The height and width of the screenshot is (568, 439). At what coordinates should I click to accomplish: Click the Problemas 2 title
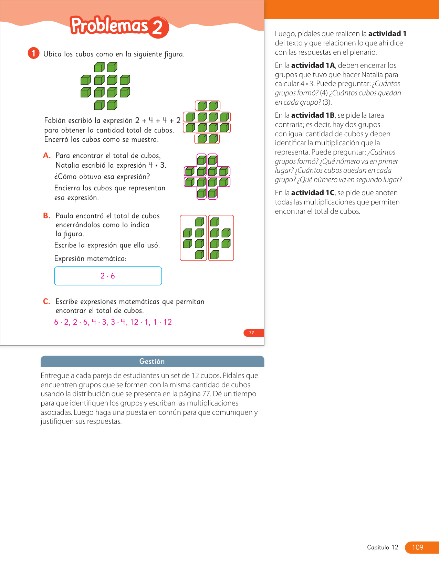[119, 26]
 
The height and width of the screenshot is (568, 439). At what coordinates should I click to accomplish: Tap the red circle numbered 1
[34, 53]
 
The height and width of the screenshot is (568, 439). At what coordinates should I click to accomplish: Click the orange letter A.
[47, 156]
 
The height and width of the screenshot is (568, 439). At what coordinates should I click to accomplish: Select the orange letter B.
[47, 216]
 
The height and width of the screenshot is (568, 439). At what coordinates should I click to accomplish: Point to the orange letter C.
[47, 302]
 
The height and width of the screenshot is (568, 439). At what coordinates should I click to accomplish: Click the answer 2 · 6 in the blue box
[108, 276]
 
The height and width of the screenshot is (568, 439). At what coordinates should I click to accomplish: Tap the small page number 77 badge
[252, 333]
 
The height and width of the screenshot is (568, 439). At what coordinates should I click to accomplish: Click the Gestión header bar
[152, 361]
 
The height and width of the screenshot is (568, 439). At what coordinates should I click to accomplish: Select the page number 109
[418, 547]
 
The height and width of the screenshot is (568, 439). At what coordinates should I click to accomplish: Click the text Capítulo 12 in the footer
[383, 547]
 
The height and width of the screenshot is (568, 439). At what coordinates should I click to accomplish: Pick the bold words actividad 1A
[313, 65]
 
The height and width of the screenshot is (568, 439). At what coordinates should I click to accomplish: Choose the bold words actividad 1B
[313, 115]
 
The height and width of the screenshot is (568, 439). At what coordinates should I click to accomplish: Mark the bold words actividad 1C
[313, 193]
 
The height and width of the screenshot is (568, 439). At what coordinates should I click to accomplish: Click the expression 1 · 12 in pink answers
[163, 322]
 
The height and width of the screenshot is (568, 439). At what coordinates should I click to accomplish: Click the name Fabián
[55, 120]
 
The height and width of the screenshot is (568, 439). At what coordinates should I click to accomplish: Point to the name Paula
[64, 216]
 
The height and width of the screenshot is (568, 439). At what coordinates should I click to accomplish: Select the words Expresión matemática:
[90, 259]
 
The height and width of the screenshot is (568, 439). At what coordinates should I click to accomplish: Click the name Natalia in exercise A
[67, 165]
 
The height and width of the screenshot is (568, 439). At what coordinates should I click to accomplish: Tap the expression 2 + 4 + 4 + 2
[158, 120]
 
